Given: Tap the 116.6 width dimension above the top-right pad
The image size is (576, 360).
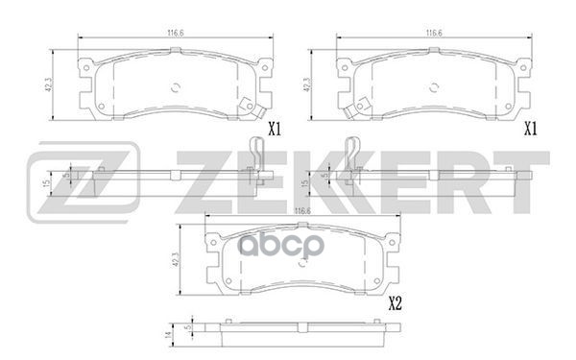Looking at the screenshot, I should [x=430, y=32].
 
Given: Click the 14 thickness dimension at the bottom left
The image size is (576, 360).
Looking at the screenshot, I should [x=169, y=333].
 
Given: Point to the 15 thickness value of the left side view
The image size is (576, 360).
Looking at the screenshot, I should [x=45, y=182].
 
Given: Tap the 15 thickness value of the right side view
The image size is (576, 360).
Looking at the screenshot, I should [x=303, y=182].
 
